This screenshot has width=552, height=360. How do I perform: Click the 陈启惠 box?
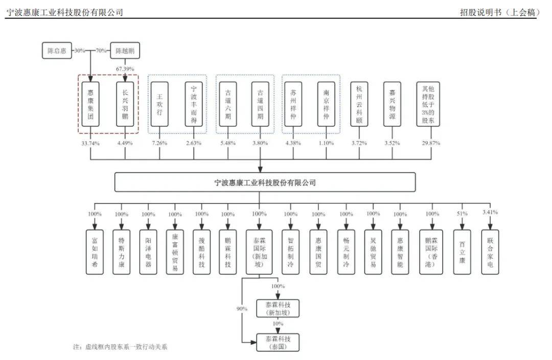pyautogui.click(x=57, y=51)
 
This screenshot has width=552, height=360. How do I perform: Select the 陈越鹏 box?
pyautogui.click(x=125, y=51)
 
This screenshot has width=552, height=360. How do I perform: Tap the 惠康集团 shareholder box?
pyautogui.click(x=90, y=104)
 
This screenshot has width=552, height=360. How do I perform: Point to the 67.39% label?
pyautogui.click(x=125, y=68)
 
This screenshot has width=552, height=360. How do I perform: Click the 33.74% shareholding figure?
pyautogui.click(x=90, y=143)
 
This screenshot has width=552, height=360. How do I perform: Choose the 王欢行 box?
pyautogui.click(x=159, y=104)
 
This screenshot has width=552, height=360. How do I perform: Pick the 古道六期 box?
pyautogui.click(x=227, y=104)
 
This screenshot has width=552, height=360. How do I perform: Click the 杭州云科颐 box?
pyautogui.click(x=359, y=104)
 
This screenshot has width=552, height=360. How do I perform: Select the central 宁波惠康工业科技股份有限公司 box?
pyautogui.click(x=265, y=182)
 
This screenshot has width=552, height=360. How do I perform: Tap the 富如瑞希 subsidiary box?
pyautogui.click(x=95, y=252)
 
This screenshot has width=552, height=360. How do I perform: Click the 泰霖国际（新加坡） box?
pyautogui.click(x=259, y=252)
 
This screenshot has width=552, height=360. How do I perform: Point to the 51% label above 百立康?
pyautogui.click(x=462, y=214)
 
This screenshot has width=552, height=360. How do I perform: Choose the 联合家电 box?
pyautogui.click(x=490, y=252)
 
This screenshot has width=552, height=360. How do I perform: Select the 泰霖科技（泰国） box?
pyautogui.click(x=278, y=342)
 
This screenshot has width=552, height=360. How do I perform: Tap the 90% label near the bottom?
pyautogui.click(x=242, y=309)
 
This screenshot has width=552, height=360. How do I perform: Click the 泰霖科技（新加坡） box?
pyautogui.click(x=278, y=308)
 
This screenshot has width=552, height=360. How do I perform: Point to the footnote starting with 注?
pyautogui.click(x=120, y=347)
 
